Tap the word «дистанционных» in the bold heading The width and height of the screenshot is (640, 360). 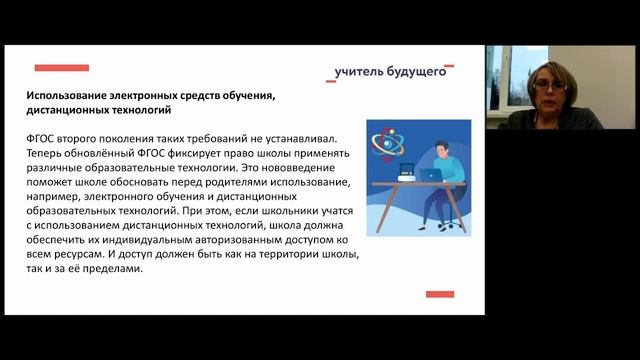point(69,110)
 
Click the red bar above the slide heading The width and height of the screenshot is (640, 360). point(61,68)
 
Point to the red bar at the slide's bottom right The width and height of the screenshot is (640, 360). point(440,294)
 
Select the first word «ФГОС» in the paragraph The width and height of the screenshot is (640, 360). point(45,141)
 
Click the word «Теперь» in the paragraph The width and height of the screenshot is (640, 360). point(47,156)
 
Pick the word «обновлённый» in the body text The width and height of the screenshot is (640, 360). point(111,156)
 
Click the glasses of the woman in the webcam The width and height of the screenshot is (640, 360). point(552,88)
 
